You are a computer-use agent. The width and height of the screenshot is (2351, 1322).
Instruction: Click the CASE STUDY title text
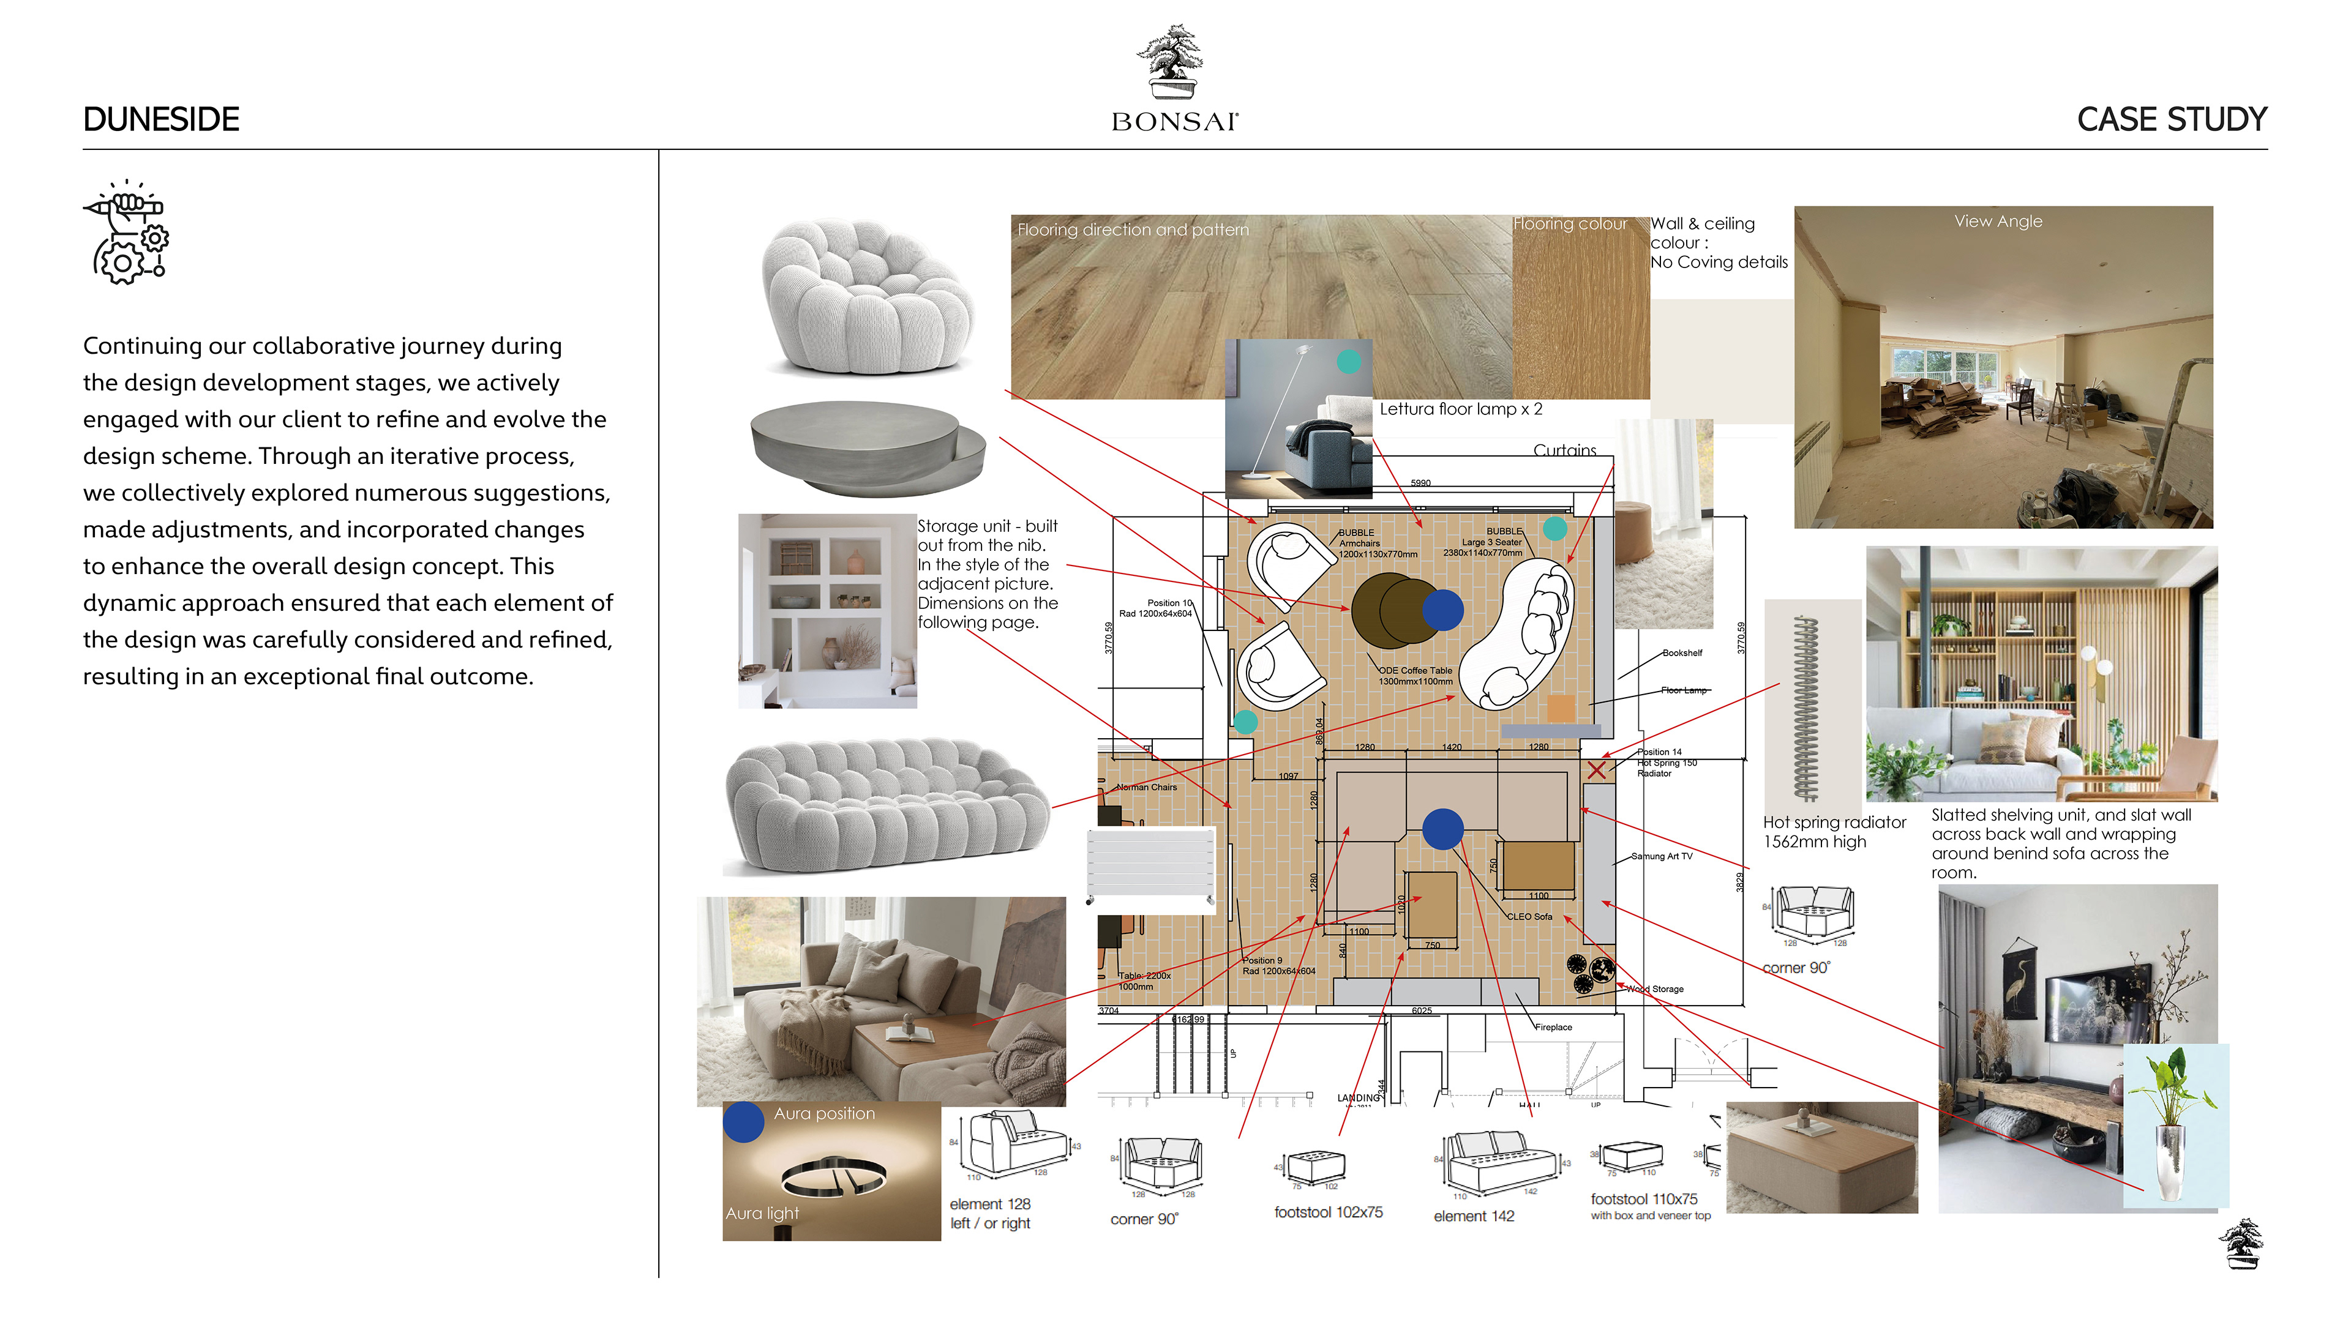pyautogui.click(x=2170, y=119)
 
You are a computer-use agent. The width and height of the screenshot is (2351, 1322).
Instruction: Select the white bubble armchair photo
pyautogui.click(x=864, y=296)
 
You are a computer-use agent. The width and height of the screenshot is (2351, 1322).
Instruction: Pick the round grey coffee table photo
pyautogui.click(x=866, y=447)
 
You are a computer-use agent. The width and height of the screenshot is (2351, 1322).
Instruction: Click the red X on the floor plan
pyautogui.click(x=1595, y=770)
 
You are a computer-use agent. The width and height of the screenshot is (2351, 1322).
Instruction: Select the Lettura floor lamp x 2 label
pyautogui.click(x=1460, y=409)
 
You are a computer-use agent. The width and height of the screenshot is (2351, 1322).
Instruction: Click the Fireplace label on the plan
pyautogui.click(x=1553, y=1028)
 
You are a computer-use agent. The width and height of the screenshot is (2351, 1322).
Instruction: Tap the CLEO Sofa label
pyautogui.click(x=1529, y=916)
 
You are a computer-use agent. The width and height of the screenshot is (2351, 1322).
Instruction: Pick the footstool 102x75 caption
pyautogui.click(x=1328, y=1212)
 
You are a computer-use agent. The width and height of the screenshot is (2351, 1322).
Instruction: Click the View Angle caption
pyautogui.click(x=1998, y=222)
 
